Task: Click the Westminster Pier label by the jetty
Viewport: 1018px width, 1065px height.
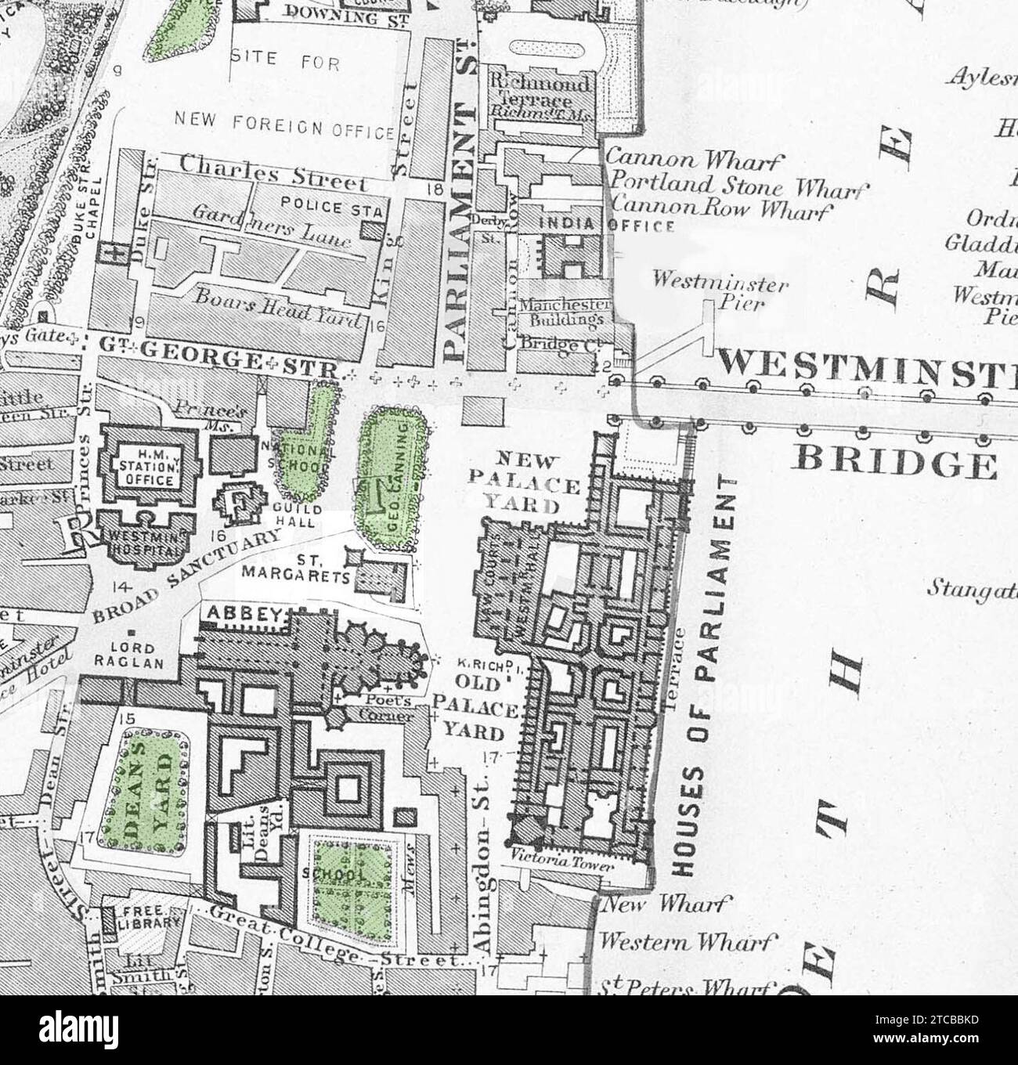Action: pos(720,291)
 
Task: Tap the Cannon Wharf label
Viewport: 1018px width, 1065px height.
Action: pos(695,161)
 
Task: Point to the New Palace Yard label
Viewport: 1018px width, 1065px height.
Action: pos(525,482)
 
